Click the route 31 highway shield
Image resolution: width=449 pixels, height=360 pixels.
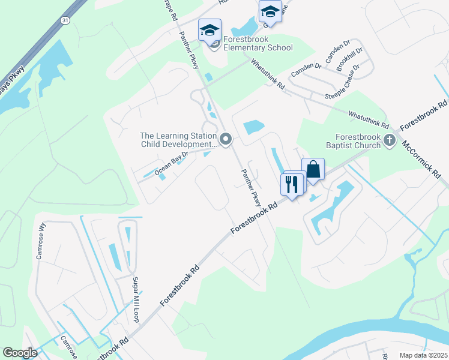tap(64, 20)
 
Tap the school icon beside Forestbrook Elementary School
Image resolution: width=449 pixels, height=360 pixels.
tap(210, 29)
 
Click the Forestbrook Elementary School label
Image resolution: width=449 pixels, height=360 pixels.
tap(258, 43)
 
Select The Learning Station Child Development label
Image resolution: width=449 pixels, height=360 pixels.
tap(177, 140)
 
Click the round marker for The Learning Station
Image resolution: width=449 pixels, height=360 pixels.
tap(226, 140)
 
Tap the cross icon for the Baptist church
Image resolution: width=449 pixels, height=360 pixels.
tap(390, 141)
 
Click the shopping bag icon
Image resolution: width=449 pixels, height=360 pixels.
tap(313, 170)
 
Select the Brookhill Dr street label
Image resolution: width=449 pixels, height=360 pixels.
tap(349, 60)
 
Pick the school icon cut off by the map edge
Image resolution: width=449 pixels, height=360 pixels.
tap(270, 11)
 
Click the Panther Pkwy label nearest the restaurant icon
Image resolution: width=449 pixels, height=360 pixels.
tap(251, 187)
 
